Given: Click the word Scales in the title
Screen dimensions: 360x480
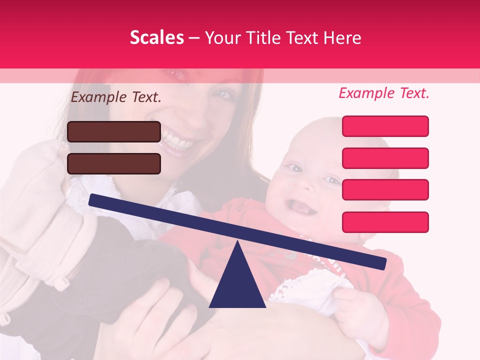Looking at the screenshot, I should [156, 38].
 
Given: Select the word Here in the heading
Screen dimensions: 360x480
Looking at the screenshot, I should [342, 38].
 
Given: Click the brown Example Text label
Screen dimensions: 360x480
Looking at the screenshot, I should [116, 97].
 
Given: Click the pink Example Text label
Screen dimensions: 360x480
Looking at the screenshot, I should [384, 93].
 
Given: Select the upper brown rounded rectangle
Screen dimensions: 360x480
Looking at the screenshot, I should [114, 131].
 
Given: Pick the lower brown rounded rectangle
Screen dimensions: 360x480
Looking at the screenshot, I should [114, 163].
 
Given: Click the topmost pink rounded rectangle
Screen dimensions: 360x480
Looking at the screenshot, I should [385, 126].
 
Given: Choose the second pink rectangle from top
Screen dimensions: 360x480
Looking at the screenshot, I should [385, 158].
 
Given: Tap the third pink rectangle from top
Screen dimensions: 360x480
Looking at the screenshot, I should [385, 189].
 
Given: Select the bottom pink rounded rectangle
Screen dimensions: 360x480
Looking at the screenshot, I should [385, 222].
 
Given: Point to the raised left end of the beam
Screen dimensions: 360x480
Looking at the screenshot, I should [92, 200].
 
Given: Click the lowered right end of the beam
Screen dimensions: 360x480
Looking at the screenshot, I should [382, 263].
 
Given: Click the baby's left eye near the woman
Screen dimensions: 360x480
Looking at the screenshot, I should [295, 168].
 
